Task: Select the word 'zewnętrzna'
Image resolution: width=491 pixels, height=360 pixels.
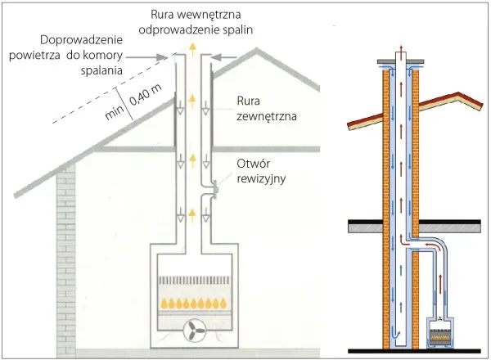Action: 264,117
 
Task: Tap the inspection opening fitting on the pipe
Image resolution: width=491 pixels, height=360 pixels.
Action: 214,191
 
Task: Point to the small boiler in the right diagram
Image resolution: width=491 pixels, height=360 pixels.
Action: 444,334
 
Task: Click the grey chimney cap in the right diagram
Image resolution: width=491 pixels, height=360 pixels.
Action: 399,62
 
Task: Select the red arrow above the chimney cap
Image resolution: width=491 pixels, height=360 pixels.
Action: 399,46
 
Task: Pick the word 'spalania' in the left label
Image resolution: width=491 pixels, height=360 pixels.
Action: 102,71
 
